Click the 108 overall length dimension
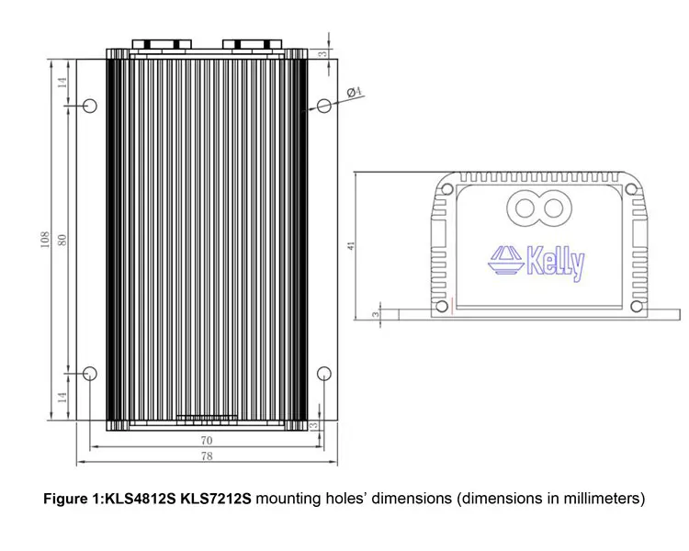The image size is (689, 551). pyautogui.click(x=44, y=239)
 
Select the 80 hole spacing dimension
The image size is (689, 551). pyautogui.click(x=62, y=239)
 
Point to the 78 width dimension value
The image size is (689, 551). pyautogui.click(x=206, y=456)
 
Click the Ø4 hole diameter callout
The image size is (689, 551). pyautogui.click(x=356, y=91)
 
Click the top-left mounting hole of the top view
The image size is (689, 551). pyautogui.click(x=90, y=107)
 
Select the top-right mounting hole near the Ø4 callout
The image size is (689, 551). pyautogui.click(x=322, y=107)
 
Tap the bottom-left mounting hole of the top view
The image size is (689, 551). pyautogui.click(x=90, y=373)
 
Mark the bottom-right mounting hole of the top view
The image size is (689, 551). pyautogui.click(x=323, y=373)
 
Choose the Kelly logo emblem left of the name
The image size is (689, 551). pyautogui.click(x=504, y=260)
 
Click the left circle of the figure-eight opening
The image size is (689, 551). pyautogui.click(x=525, y=208)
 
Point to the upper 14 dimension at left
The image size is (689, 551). pyautogui.click(x=62, y=83)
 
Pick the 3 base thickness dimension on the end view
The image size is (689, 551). pyautogui.click(x=376, y=314)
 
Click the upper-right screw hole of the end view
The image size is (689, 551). pyautogui.click(x=630, y=190)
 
